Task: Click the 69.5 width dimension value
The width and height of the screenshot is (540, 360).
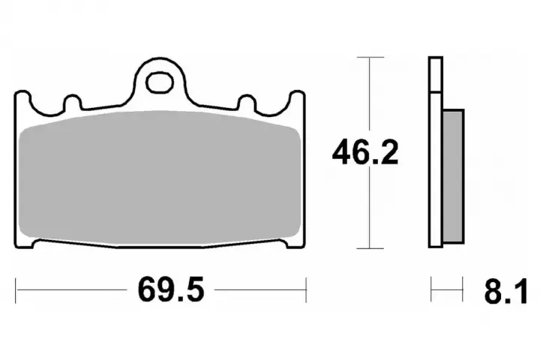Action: (x=171, y=289)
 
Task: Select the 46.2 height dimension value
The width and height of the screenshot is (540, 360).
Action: (x=365, y=152)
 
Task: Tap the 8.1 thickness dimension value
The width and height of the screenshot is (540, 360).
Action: (x=505, y=292)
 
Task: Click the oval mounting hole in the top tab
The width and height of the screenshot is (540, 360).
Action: (x=159, y=82)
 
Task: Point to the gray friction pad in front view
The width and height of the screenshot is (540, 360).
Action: (x=160, y=178)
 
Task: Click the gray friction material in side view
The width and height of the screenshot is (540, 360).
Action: (x=453, y=176)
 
